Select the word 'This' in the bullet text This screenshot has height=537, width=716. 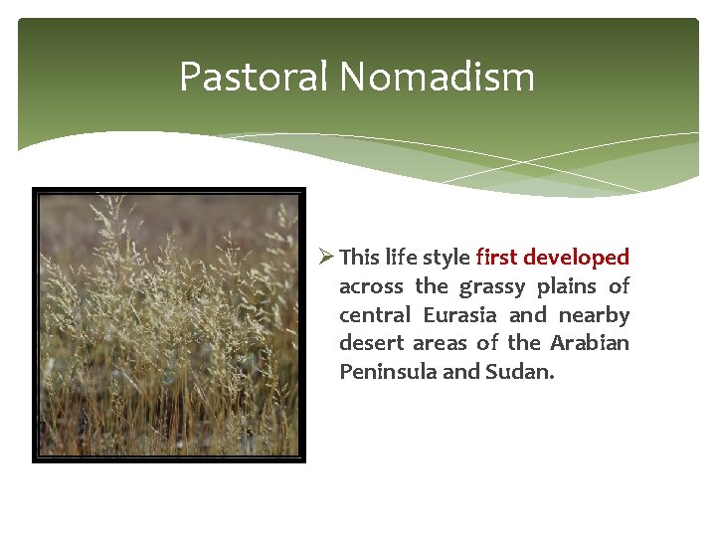click(359, 258)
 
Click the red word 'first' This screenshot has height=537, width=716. click(496, 258)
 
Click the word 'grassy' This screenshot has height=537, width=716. click(492, 286)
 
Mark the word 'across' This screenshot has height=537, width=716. click(371, 286)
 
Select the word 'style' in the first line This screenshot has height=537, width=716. click(447, 258)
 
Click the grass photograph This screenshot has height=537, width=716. click(168, 324)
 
